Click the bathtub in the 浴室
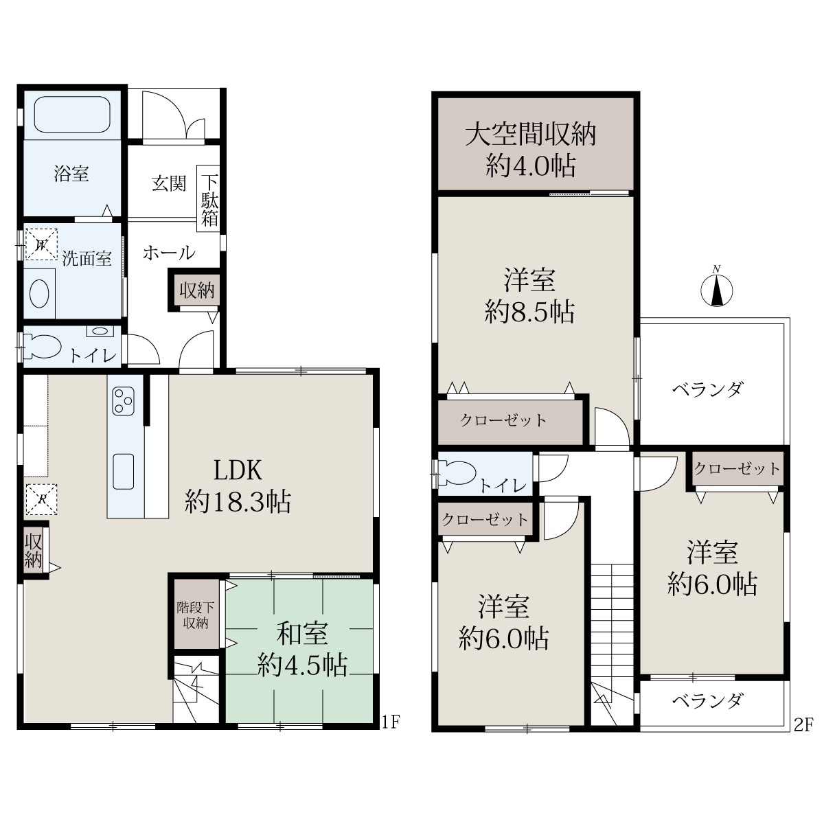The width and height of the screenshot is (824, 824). coord(72,114)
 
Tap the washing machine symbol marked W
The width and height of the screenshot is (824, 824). coord(41,244)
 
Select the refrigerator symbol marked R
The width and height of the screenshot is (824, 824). coord(41,499)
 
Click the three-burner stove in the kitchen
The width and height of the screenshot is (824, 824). coord(124,400)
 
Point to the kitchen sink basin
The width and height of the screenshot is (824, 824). coord(124,471)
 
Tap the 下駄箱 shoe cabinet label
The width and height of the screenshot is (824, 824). coord(209,199)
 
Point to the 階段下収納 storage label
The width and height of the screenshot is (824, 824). coord(196,615)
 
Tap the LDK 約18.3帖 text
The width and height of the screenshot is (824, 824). coord(238,486)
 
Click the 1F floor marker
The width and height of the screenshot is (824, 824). coord(390,722)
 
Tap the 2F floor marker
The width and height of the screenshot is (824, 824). coord(803,726)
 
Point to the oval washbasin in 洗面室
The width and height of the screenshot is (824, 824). coord(39,294)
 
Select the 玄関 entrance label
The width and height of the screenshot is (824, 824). coord(169,183)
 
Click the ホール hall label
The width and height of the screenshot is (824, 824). coord(169,253)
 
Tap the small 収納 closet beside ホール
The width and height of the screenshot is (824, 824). coord(197,290)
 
